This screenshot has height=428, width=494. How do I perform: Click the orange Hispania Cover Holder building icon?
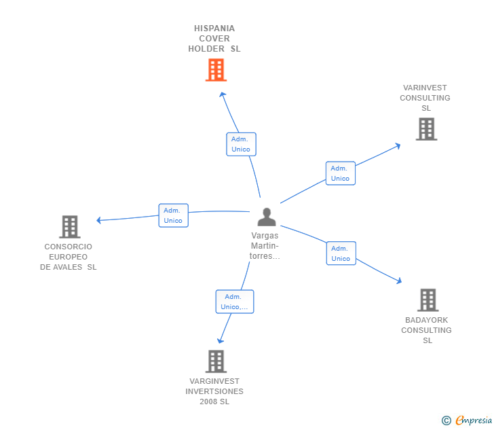point(216,70)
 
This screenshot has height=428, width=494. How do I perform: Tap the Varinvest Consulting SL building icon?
point(426,129)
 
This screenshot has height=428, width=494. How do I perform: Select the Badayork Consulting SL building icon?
point(427,300)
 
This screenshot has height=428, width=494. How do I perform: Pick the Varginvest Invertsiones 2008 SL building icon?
point(216,361)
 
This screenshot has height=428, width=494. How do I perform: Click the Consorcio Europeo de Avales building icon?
point(69,227)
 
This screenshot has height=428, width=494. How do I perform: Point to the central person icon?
point(267,217)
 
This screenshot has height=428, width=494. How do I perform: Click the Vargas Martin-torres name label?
point(265,246)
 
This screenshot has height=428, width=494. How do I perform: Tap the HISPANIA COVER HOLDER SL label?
point(214,39)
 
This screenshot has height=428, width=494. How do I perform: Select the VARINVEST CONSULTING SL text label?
point(425,98)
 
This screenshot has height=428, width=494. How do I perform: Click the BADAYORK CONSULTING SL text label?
point(426,330)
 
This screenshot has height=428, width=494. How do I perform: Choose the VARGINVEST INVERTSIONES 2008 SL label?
point(214,391)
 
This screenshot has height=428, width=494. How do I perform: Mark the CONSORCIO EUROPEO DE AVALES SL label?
point(68,257)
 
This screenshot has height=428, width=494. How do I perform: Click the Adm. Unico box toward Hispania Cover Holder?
point(241,144)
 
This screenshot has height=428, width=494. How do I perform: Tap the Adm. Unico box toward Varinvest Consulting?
point(340,173)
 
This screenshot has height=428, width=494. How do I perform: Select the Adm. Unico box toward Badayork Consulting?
point(341,253)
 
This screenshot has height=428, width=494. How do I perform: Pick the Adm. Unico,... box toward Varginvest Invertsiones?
point(235,302)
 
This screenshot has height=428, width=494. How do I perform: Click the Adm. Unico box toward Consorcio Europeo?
point(173,215)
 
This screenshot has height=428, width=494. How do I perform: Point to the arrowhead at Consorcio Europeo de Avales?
point(99,220)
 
